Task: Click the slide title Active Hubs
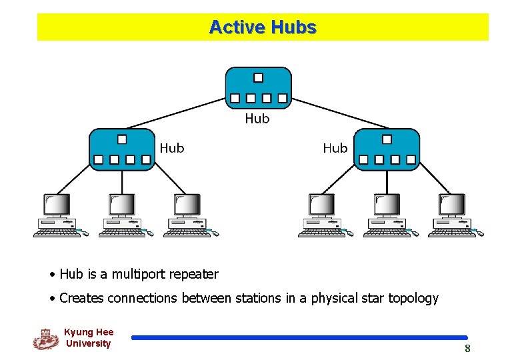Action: point(262,27)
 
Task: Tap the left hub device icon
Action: point(121,149)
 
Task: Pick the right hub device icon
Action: point(387,149)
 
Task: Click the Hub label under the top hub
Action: point(257,119)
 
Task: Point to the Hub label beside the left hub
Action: point(172,148)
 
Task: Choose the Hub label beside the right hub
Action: point(335,148)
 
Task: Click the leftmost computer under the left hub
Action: point(58,215)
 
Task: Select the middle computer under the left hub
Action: point(123,215)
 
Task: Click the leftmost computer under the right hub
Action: point(322,215)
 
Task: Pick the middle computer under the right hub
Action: point(387,215)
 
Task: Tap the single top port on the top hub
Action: point(258,77)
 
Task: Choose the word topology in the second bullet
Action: point(413,298)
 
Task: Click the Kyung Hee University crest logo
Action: point(45,339)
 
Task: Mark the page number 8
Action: point(467,349)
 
